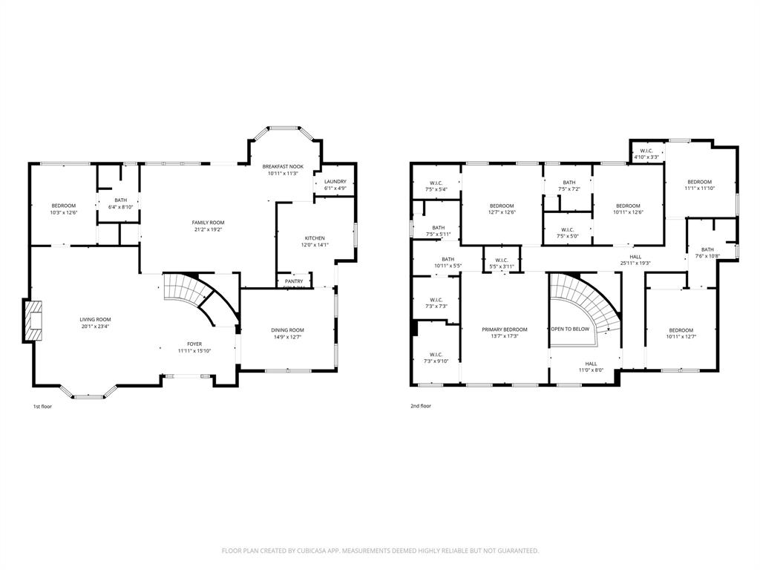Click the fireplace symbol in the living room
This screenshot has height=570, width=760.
coord(33,321)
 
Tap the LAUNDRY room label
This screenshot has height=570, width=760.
coord(335,181)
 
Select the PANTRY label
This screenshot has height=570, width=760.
coord(294,281)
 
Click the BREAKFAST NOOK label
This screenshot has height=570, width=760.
coord(282,166)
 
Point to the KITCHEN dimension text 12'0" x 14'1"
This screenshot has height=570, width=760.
coord(314,245)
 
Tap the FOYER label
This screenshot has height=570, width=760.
coord(194,344)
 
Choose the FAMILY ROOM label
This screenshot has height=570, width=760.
coord(208,222)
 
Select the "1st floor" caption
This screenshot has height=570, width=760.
coord(42,406)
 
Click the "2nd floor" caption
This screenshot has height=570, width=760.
coord(421,406)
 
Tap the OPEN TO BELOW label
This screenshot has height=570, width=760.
coord(570,329)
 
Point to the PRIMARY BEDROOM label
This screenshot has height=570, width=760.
coord(504,330)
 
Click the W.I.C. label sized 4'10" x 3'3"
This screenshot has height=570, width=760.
coord(646,151)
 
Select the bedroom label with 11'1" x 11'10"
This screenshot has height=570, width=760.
coord(699,182)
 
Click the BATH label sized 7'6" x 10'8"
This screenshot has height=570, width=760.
coord(707,249)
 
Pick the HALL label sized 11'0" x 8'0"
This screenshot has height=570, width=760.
coord(592,364)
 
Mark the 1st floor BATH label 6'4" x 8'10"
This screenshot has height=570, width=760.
coord(120,200)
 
